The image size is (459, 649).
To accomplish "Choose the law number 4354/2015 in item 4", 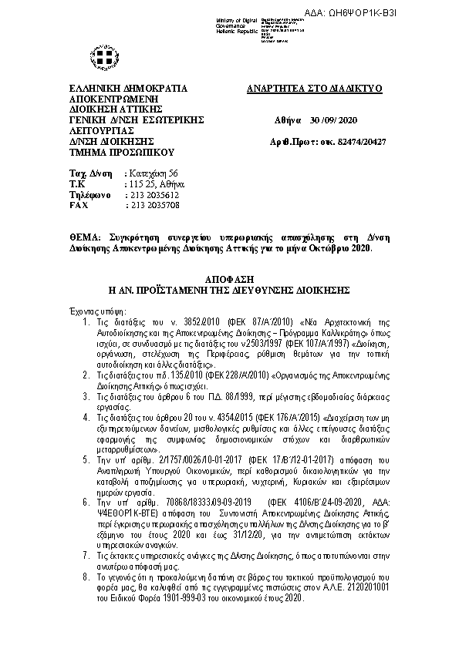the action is click(214, 416).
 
